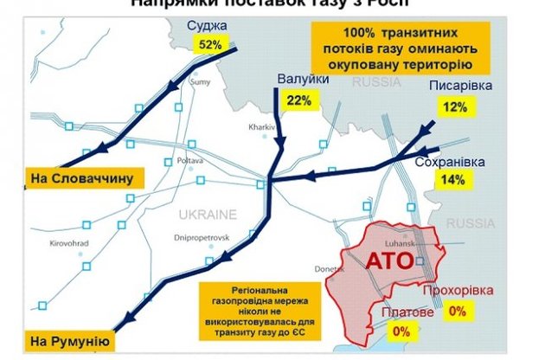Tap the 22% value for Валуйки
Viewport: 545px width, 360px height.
click(x=298, y=101)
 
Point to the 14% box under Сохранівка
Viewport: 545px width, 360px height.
click(x=452, y=181)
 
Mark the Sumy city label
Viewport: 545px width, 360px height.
click(x=200, y=82)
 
